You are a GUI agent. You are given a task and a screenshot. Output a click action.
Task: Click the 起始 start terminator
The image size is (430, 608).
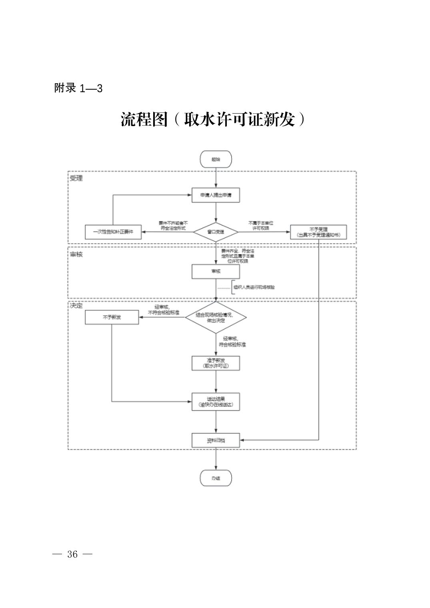coord(216,159)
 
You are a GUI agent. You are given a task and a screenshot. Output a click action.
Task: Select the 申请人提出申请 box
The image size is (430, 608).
coord(216,195)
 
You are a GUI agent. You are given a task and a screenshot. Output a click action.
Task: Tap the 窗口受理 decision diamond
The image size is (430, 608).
coord(216,232)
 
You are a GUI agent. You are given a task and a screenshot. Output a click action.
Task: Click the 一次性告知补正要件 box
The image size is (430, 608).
coord(113,232)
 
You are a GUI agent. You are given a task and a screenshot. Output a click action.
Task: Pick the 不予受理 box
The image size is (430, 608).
coord(318,232)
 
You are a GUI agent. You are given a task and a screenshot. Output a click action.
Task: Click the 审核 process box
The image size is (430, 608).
coord(216,271)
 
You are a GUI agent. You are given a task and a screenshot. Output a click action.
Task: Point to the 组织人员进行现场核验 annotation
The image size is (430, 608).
coord(254,287)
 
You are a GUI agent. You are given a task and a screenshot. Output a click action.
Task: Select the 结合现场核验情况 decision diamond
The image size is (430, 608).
coord(216,317)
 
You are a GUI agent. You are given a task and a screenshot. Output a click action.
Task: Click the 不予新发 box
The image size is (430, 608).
coord(112,317)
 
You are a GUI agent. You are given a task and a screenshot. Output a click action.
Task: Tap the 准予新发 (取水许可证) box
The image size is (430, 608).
coord(216,363)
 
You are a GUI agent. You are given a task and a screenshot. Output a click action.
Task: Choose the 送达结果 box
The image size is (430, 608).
coord(216,402)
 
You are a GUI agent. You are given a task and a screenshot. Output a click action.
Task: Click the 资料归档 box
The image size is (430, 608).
coord(216,440)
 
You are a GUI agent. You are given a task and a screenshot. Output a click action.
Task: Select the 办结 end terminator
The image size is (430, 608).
coord(216,478)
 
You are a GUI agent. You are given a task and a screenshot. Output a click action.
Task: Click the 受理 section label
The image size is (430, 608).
coord(76,178)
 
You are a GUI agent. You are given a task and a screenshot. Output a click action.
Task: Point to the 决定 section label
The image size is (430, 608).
coord(76,305)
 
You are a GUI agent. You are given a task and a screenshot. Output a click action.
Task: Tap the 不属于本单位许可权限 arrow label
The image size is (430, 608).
coord(261,225)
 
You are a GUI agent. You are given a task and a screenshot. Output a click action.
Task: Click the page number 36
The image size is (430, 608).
coord(72,554)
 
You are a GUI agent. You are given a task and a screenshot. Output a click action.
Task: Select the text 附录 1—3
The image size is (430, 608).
coord(78,88)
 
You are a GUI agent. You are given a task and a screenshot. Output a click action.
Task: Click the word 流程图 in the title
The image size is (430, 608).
coord(144,119)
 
